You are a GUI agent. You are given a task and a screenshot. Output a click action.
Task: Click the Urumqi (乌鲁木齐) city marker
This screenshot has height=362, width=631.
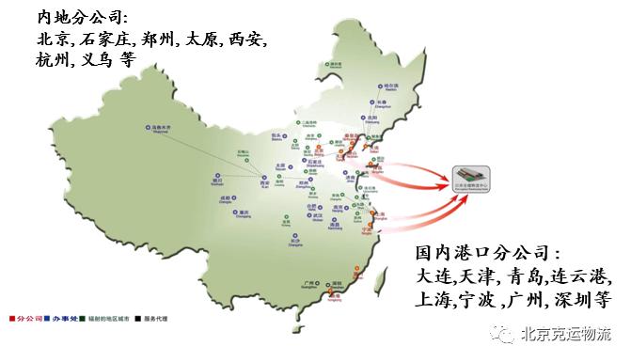pos(149,126)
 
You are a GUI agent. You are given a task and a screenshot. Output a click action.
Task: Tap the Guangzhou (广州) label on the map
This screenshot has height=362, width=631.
pos(325,279)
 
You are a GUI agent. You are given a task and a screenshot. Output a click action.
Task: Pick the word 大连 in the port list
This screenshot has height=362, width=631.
pos(434,277)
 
